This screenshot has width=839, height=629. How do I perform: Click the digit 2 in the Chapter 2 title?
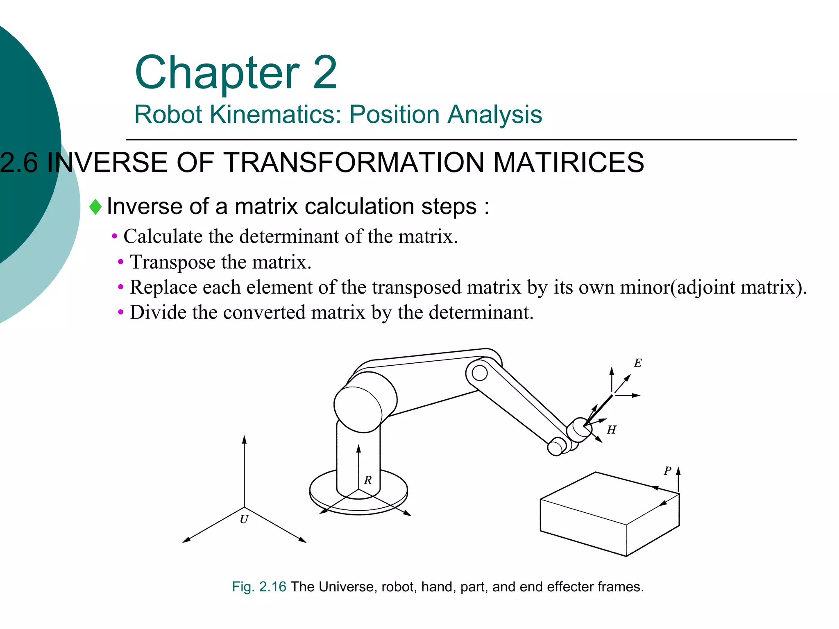324,72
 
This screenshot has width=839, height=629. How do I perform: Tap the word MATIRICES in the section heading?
568,163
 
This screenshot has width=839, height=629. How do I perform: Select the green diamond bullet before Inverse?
95,207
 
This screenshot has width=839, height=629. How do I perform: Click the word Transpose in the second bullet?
172,262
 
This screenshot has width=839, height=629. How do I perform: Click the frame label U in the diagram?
244,519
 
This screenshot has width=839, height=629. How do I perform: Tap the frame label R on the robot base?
368,480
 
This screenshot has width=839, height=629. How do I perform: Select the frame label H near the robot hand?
611,430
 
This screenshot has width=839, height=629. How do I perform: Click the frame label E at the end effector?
637,363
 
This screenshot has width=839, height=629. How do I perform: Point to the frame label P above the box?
667,471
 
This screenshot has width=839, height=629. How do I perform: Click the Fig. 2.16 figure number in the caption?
259,587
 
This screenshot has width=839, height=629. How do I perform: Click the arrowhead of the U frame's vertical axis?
245,440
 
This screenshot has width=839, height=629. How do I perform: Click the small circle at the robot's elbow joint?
479,373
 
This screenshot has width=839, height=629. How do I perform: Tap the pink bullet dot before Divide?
120,313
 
